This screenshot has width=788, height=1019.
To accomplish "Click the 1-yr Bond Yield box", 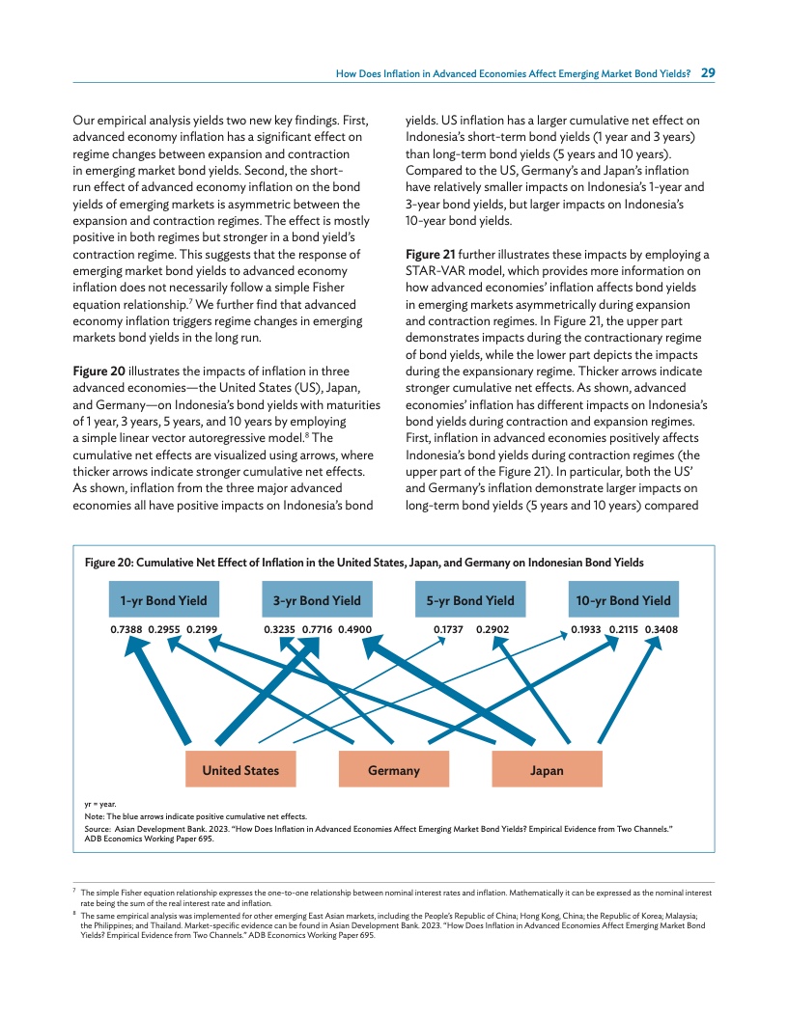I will pyautogui.click(x=163, y=600).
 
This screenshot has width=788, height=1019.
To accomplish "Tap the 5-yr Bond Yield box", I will pyautogui.click(x=470, y=600).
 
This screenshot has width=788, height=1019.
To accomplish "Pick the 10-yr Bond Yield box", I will pyautogui.click(x=623, y=600).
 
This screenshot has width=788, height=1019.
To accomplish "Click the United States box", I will pyautogui.click(x=240, y=770).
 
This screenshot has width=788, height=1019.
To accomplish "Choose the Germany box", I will pyautogui.click(x=394, y=770).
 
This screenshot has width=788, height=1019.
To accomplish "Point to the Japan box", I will pyautogui.click(x=547, y=770).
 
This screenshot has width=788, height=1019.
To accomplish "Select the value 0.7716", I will pyautogui.click(x=318, y=629).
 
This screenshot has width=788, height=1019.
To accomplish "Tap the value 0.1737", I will pyautogui.click(x=450, y=629).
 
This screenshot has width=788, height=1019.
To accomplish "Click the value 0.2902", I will pyautogui.click(x=492, y=629).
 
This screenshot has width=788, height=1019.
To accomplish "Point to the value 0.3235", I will pyautogui.click(x=280, y=629).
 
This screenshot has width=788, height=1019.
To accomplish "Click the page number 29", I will pyautogui.click(x=708, y=72).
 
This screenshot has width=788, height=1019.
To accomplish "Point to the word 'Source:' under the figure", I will pyautogui.click(x=97, y=829).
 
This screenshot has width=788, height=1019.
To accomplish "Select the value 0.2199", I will pyautogui.click(x=203, y=629).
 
